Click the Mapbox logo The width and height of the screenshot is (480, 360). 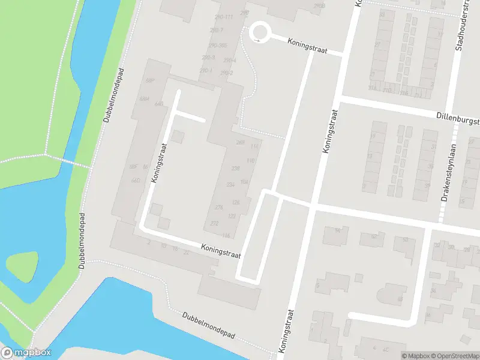[x=26, y=353]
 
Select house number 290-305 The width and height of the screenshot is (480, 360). [x=217, y=46]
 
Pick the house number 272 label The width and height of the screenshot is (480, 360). [x=215, y=223]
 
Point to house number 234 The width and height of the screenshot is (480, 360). [x=230, y=185]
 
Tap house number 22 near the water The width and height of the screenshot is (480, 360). [x=186, y=253]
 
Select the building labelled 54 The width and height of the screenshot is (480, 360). [x=338, y=232]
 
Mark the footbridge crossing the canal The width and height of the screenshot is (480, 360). [x=67, y=161]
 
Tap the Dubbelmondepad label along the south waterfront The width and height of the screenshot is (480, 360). [x=208, y=326]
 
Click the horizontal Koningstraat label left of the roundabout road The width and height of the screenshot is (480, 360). [x=307, y=46]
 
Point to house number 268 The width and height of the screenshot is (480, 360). [x=241, y=143]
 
